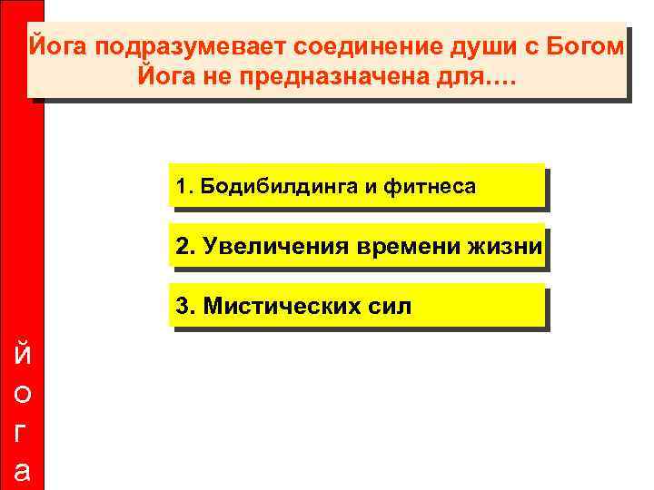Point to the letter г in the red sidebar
pos(22,433)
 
